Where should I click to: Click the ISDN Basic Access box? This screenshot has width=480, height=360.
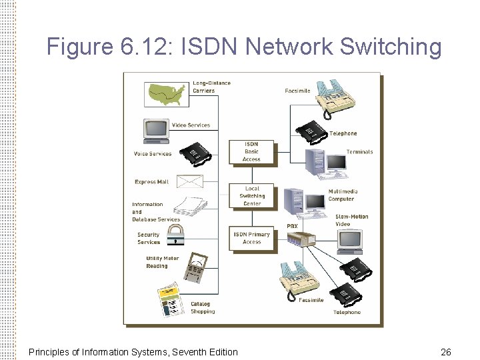(x=251, y=152)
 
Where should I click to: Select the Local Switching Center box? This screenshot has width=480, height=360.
(x=251, y=196)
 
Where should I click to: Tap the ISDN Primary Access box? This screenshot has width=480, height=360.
(x=251, y=238)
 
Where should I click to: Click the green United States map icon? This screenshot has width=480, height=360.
(x=167, y=93)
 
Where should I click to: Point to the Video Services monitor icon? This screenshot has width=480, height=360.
(x=155, y=130)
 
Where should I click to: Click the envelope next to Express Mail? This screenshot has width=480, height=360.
(x=189, y=181)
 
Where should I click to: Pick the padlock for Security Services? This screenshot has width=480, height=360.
(x=175, y=234)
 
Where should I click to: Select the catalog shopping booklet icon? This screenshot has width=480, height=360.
(x=170, y=300)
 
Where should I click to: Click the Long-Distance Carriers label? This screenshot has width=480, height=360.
(x=211, y=87)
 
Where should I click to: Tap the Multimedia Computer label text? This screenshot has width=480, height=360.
(x=343, y=195)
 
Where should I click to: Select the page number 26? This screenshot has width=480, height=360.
(x=446, y=351)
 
